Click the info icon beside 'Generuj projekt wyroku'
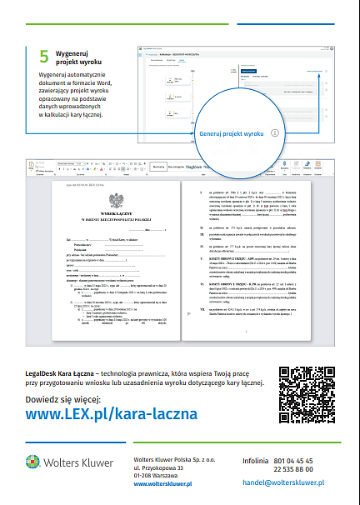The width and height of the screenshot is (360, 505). (x=274, y=132)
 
